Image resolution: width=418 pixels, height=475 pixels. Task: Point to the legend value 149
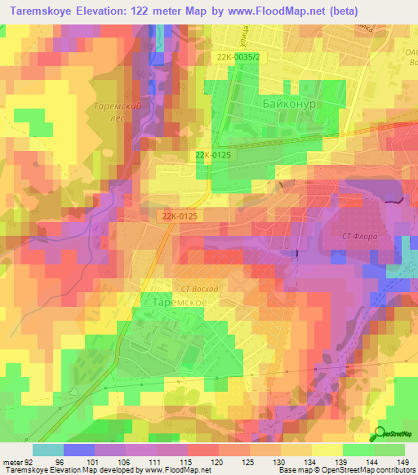404,461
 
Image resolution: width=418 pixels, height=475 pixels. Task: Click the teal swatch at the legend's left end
48,450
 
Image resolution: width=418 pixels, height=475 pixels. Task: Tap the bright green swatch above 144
358,450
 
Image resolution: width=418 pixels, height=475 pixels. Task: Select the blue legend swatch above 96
79,450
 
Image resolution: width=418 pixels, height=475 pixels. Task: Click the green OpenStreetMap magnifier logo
381,435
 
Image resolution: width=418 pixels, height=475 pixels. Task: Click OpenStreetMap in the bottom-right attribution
345,470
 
